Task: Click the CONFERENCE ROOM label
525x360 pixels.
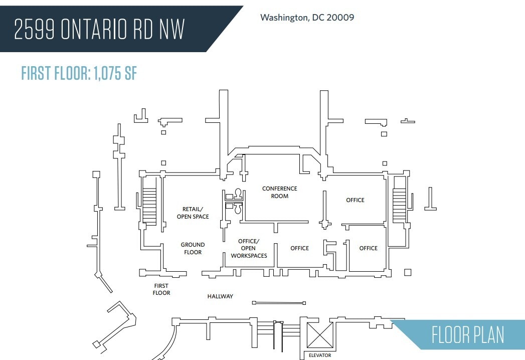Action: pyautogui.click(x=279, y=192)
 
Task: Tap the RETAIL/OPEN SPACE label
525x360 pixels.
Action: pyautogui.click(x=193, y=213)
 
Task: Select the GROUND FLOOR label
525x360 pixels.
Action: pyautogui.click(x=193, y=248)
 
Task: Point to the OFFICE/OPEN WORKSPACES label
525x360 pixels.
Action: pyautogui.click(x=249, y=248)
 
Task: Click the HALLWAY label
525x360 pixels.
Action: pyautogui.click(x=220, y=296)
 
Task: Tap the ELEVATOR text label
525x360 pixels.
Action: pyautogui.click(x=320, y=355)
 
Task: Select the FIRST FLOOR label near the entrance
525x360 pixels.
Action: pyautogui.click(x=161, y=289)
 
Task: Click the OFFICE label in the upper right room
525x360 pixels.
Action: pyautogui.click(x=355, y=200)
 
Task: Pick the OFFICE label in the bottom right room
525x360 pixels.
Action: pyautogui.click(x=368, y=248)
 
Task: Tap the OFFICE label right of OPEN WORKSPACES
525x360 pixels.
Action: pyautogui.click(x=299, y=248)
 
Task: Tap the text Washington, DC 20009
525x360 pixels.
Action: pyautogui.click(x=307, y=18)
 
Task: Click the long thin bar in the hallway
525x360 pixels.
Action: pyautogui.click(x=279, y=303)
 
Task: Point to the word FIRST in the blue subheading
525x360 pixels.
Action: pyautogui.click(x=37, y=73)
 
